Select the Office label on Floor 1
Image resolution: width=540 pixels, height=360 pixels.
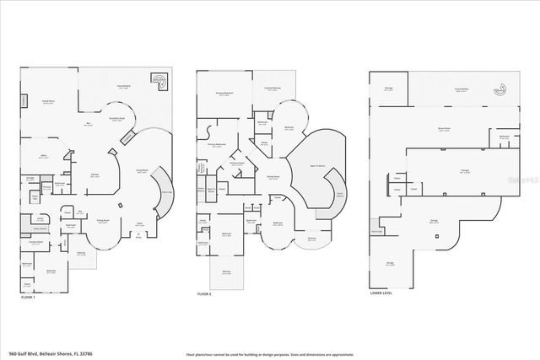pyautogui.click(x=42, y=156)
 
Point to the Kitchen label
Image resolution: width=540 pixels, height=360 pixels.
pyautogui.click(x=95, y=176)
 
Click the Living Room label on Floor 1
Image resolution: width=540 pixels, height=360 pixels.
pyautogui.click(x=142, y=171)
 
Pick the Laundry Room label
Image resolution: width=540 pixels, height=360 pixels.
pyautogui.click(x=36, y=243)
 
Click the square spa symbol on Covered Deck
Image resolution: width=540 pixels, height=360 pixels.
pyautogui.click(x=159, y=80)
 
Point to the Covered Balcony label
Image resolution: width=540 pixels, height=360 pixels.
pyautogui.click(x=272, y=88)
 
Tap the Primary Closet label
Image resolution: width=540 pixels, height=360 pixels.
pyautogui.click(x=239, y=162)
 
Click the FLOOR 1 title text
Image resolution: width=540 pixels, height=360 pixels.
pyautogui.click(x=28, y=294)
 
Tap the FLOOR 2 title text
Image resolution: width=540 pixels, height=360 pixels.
pyautogui.click(x=204, y=294)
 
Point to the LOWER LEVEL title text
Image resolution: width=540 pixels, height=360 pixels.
pyautogui.click(x=382, y=294)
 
